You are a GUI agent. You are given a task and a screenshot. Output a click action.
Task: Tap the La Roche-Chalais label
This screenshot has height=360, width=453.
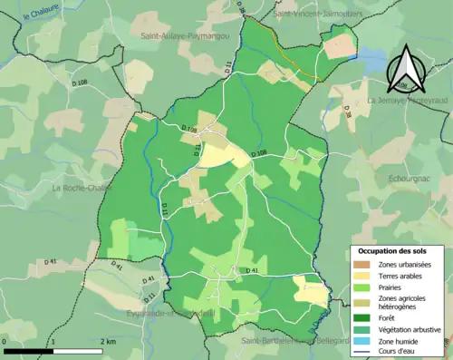tap(83, 189)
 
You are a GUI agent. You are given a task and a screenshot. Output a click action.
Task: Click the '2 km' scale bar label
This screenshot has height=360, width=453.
tap(108, 341)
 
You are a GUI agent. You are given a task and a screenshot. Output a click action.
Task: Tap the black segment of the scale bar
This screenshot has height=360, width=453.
tap(26, 350)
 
